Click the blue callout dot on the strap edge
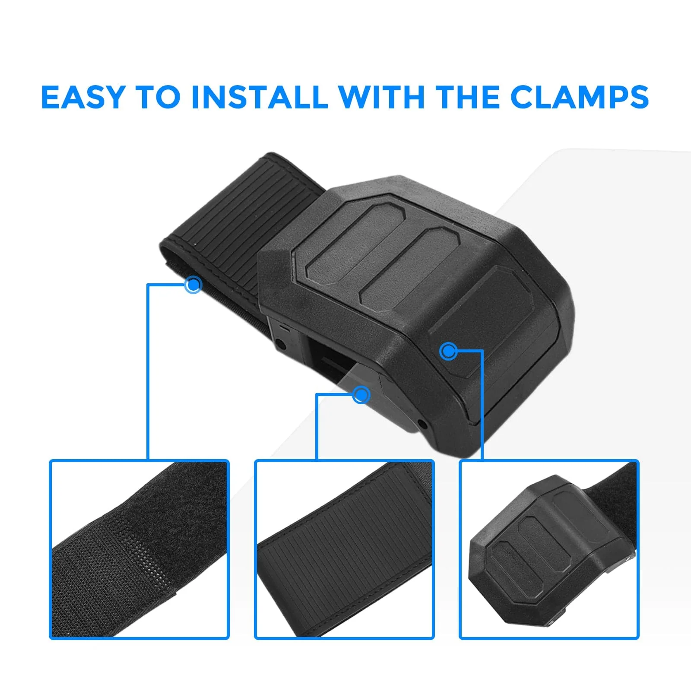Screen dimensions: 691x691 [193, 285]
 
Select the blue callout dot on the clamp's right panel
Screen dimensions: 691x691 [448, 351]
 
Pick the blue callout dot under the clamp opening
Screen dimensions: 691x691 [361, 394]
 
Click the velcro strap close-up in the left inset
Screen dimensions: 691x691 [139, 549]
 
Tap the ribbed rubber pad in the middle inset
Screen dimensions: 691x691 [344, 557]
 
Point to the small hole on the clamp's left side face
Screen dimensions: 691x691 [280, 345]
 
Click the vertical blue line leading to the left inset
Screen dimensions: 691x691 [148, 371]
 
